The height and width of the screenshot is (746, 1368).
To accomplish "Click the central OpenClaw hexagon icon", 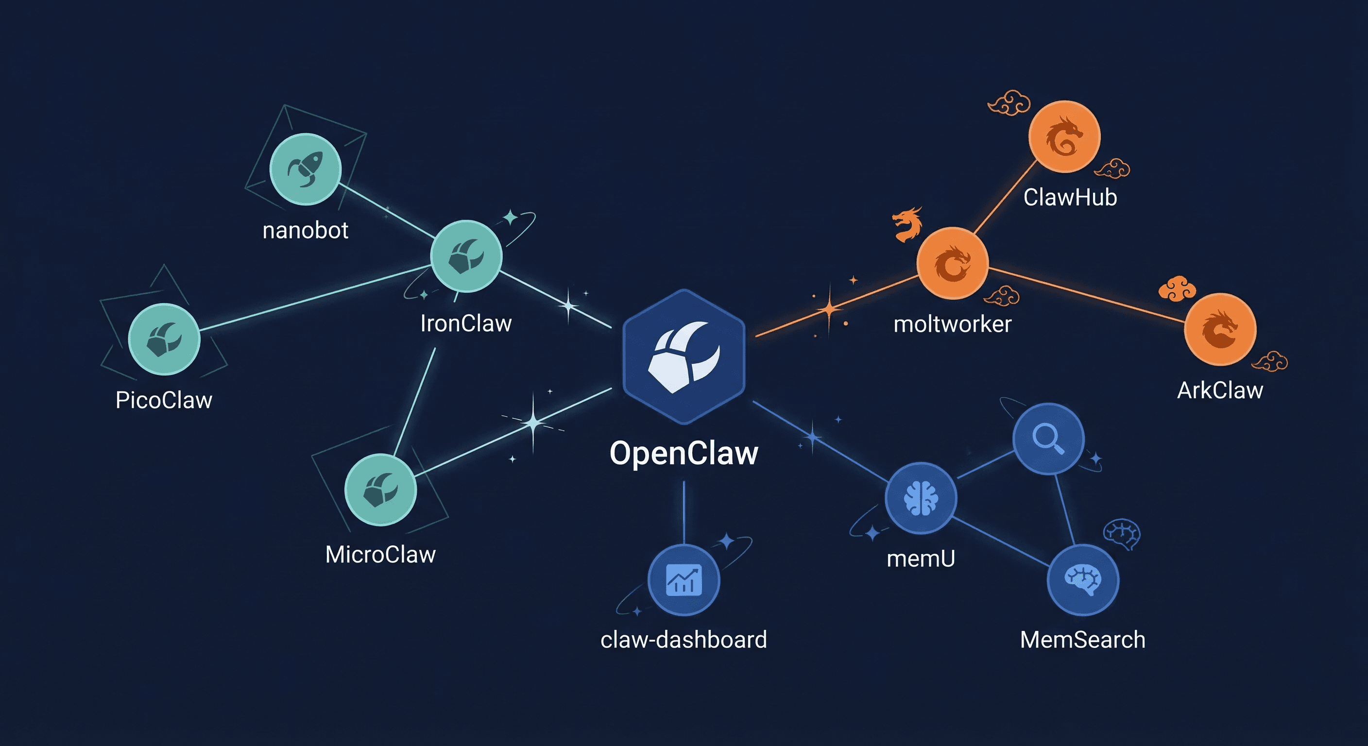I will [x=684, y=357].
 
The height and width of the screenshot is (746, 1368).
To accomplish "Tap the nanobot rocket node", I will [x=306, y=169].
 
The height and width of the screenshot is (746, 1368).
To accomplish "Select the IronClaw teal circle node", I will [x=466, y=256].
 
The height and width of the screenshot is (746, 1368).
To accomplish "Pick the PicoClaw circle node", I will [x=164, y=339].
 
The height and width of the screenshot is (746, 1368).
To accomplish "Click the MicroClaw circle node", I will [x=380, y=489].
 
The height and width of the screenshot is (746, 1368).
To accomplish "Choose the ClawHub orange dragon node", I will [x=1064, y=136].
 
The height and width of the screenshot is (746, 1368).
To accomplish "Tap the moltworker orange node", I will [x=952, y=263].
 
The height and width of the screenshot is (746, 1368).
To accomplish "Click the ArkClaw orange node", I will [x=1220, y=329].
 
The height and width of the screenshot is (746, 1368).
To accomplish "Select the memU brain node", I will [x=921, y=497].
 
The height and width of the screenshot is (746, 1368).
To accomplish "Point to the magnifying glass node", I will [x=1048, y=439].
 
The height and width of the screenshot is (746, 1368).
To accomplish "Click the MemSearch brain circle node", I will [x=1083, y=580].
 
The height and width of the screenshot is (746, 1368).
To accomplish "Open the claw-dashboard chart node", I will [x=684, y=580].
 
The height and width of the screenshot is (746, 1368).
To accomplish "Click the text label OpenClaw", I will [x=684, y=454].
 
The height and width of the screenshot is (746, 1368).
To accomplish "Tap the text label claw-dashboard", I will [x=684, y=640].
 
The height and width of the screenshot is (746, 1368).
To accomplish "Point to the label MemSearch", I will [x=1082, y=640].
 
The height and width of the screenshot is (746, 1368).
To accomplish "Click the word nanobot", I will [x=306, y=230].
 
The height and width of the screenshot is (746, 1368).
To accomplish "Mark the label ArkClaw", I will [x=1220, y=390].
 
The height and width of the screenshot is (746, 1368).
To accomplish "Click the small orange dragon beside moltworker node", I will [x=907, y=223].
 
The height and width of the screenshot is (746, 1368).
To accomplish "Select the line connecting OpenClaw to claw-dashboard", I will [x=684, y=512].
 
